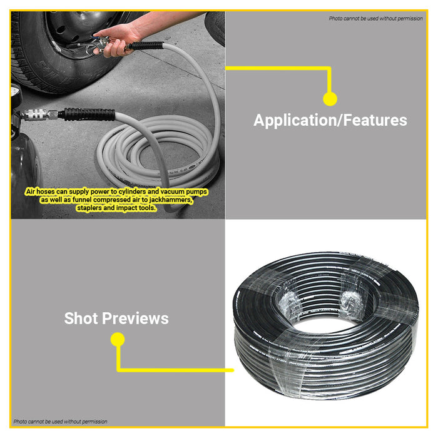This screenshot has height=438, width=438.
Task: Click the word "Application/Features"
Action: click(330, 120)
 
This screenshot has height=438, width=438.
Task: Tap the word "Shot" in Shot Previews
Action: click(81, 318)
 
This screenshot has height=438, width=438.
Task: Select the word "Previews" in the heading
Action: click(135, 318)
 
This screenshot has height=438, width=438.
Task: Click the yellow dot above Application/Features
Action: click(330, 99)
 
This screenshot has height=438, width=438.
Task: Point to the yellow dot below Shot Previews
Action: click(118, 339)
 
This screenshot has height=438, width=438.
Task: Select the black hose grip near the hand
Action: click(146, 46)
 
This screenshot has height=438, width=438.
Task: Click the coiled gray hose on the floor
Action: click(156, 151)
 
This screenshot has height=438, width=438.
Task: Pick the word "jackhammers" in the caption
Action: click(170, 200)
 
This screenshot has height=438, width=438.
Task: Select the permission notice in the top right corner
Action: click(375, 18)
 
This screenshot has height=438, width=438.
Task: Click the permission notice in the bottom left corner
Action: click(60, 422)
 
